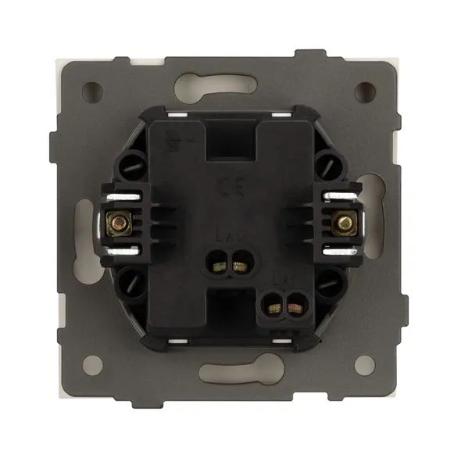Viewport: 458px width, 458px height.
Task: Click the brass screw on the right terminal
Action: [342, 224]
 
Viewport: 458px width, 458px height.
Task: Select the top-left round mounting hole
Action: [92, 90]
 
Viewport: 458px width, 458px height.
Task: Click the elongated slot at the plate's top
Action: [228, 84]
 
